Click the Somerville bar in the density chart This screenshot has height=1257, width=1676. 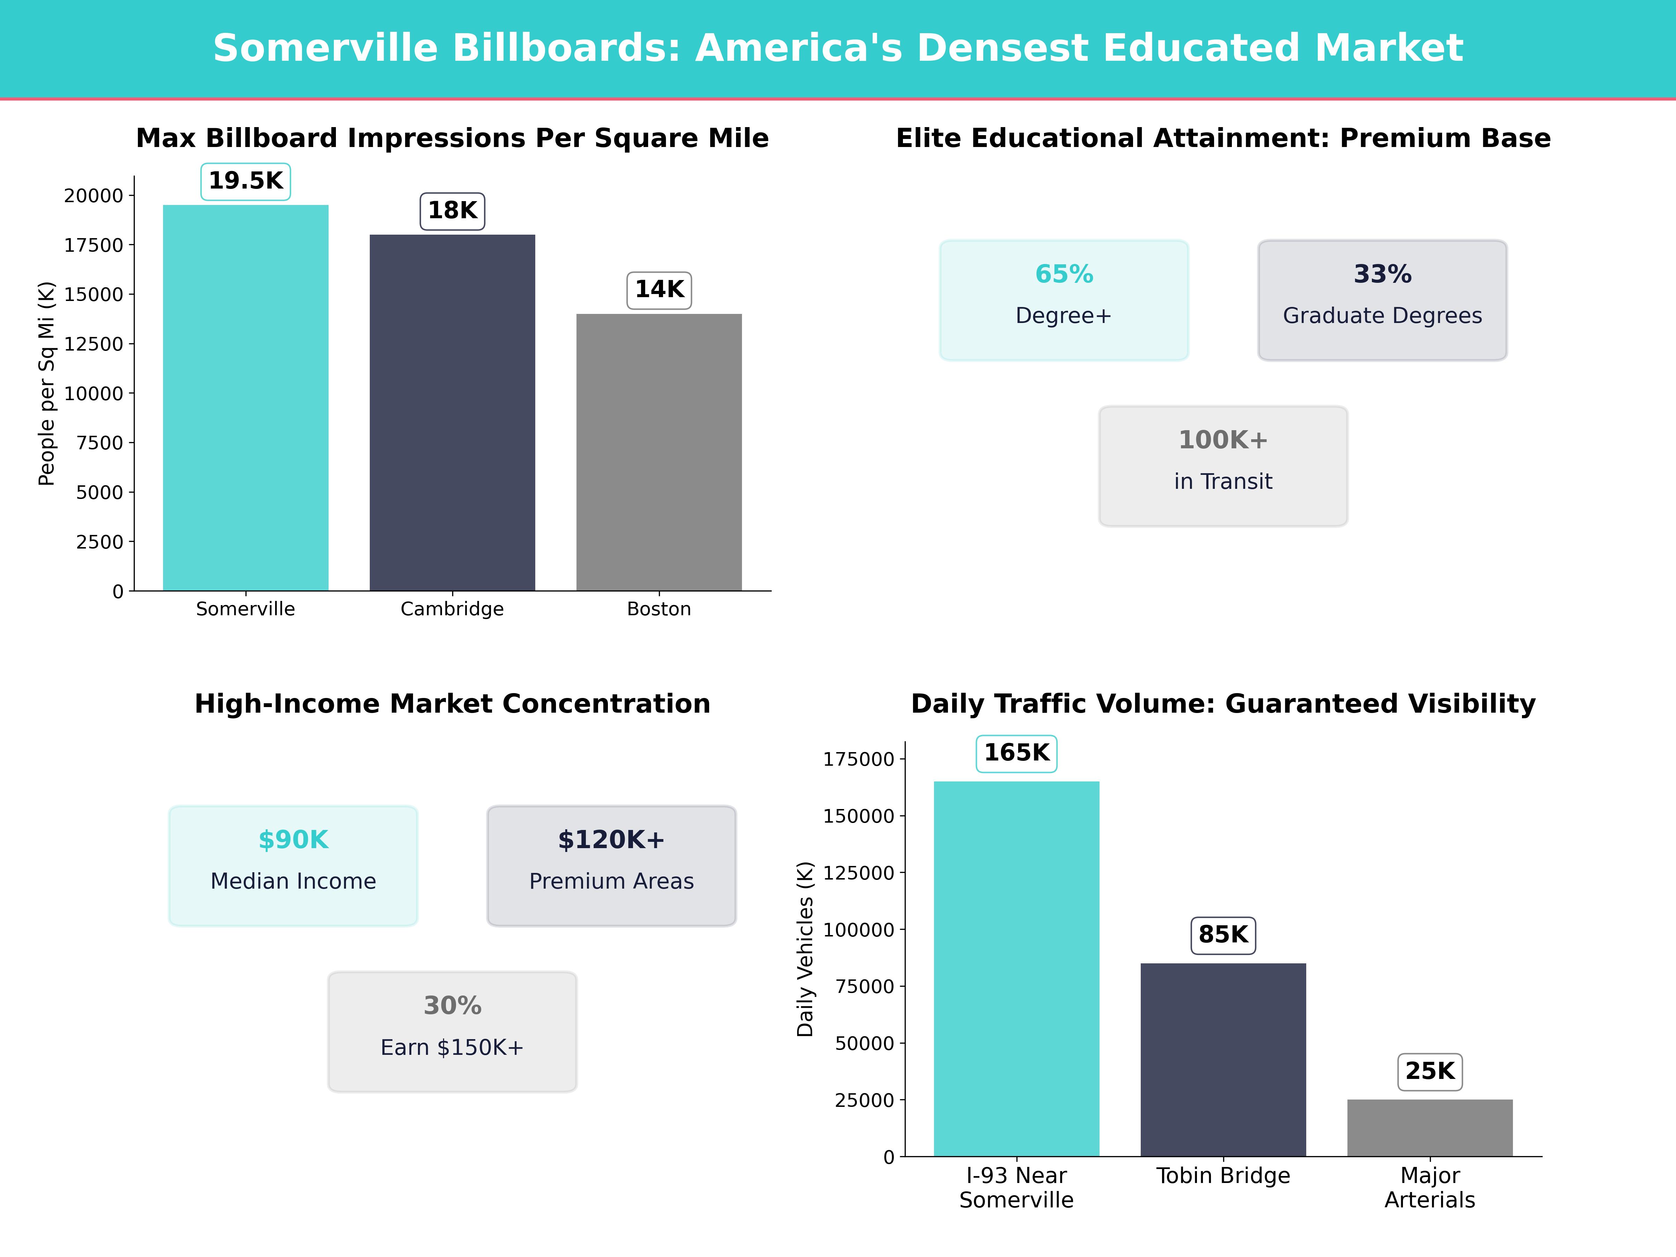[245, 398]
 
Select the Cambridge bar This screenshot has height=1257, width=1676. [452, 413]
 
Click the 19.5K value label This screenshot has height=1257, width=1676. [245, 181]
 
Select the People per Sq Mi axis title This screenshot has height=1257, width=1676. [47, 383]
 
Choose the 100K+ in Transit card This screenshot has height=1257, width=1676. [1223, 466]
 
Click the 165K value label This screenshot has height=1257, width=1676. [1016, 753]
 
